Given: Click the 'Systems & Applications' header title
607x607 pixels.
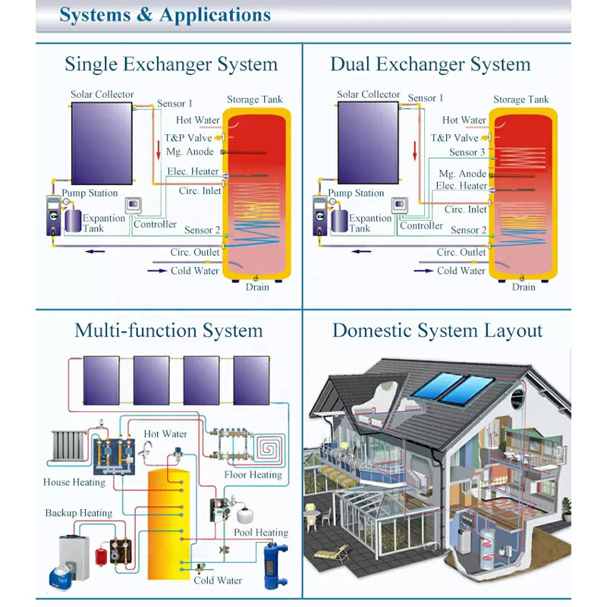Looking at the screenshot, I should [x=165, y=14].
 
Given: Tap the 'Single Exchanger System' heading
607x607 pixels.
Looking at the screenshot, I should [x=171, y=64].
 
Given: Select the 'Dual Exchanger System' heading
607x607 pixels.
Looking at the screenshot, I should [x=430, y=64].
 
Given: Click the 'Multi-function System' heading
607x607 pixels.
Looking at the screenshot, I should [x=168, y=331].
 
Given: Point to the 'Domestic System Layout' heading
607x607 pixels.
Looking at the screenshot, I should [x=437, y=331].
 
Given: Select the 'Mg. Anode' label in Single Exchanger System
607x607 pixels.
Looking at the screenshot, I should [x=190, y=152].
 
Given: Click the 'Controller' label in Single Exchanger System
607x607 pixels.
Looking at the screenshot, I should [x=155, y=224].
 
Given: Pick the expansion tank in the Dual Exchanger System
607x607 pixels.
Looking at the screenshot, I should [x=338, y=221].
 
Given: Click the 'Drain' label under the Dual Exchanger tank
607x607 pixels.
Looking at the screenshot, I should [x=524, y=287].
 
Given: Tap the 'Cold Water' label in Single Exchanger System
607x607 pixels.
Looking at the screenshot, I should [x=195, y=270].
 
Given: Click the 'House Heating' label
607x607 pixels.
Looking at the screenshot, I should [x=74, y=482].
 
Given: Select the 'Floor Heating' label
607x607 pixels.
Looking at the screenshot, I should [x=253, y=475].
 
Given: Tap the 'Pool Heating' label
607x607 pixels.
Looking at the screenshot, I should [x=261, y=533].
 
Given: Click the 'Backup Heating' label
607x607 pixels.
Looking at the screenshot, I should [x=79, y=513].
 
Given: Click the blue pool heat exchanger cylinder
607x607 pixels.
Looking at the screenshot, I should [x=272, y=561].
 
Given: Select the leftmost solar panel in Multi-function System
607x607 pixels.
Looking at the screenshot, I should [x=100, y=382].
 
